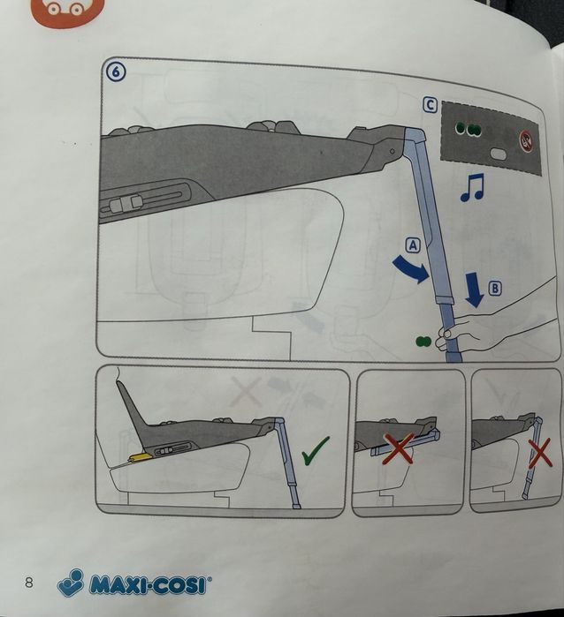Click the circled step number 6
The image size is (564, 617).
(x=117, y=72)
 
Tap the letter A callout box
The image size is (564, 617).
(x=413, y=245)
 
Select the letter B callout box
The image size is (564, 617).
(x=495, y=288)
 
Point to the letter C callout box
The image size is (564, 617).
(x=430, y=105)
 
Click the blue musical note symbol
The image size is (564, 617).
(x=472, y=188)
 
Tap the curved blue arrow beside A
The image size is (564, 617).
(x=412, y=268)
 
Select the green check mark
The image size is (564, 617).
(x=316, y=451)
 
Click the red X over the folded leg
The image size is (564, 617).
(x=399, y=448)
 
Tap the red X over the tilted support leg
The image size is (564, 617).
(x=540, y=454)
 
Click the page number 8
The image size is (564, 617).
(x=29, y=583)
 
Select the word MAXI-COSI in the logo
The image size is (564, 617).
(x=148, y=584)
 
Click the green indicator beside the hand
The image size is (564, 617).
(x=423, y=342)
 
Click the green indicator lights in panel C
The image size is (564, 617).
(x=468, y=129)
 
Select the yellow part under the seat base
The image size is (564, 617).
(x=141, y=457)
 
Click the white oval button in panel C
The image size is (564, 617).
(x=499, y=154)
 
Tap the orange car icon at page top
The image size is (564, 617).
(x=67, y=11)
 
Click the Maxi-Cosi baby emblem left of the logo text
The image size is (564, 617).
(x=72, y=583)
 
